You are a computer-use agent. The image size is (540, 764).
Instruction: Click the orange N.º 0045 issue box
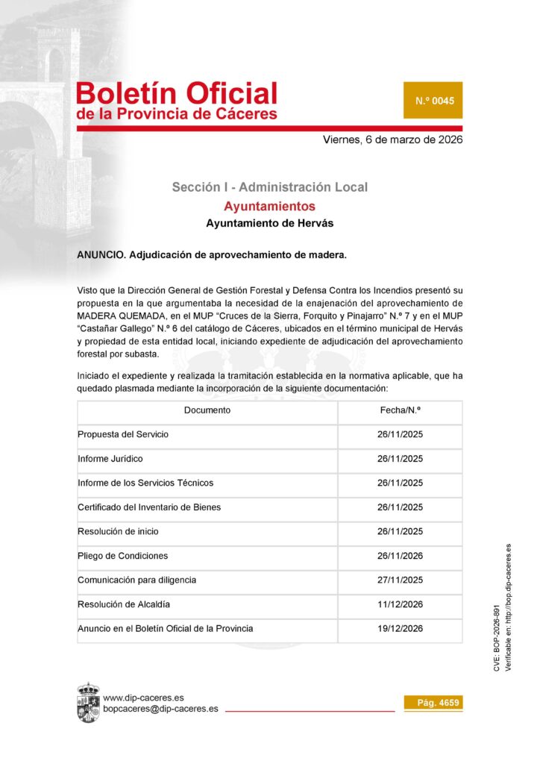[433, 100]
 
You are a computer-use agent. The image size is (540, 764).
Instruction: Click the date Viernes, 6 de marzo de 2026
[392, 140]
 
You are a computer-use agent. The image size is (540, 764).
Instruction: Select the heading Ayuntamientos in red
[269, 206]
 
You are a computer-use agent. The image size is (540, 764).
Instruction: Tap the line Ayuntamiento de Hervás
[269, 223]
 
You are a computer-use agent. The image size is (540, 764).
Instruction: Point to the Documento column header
[207, 410]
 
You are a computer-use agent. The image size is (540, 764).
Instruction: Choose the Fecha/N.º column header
[400, 410]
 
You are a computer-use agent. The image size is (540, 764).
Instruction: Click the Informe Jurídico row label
[110, 459]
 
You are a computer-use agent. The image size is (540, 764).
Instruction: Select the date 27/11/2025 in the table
[400, 580]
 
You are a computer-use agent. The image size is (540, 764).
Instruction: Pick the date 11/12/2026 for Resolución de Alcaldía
[400, 604]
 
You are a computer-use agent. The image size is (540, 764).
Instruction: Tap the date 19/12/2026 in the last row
[400, 628]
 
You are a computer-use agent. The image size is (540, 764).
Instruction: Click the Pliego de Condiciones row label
[123, 556]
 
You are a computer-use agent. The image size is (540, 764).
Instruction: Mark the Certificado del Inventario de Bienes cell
[149, 507]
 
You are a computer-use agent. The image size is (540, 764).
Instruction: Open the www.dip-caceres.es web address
[143, 698]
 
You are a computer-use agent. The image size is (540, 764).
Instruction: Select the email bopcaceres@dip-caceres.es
[160, 709]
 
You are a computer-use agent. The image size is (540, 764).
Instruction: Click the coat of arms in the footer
[88, 702]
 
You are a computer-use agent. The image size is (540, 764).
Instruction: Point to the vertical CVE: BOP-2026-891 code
[497, 640]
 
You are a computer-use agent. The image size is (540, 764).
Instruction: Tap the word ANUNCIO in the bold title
[101, 254]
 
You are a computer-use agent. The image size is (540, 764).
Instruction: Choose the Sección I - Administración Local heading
[269, 187]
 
